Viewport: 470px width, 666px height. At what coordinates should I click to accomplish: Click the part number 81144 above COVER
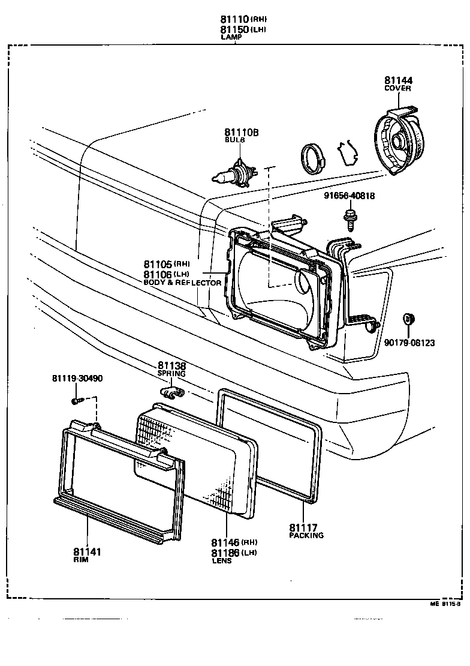pyautogui.click(x=398, y=80)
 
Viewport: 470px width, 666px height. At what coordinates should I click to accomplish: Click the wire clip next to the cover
pyautogui.click(x=347, y=154)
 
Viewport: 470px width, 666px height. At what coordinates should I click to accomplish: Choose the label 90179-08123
pyautogui.click(x=410, y=343)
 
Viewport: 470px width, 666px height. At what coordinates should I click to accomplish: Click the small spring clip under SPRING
pyautogui.click(x=172, y=392)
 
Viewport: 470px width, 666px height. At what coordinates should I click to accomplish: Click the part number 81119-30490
pyautogui.click(x=77, y=378)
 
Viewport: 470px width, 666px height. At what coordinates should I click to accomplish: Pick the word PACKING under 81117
pyautogui.click(x=306, y=535)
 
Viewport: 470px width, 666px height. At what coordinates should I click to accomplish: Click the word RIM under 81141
pyautogui.click(x=81, y=560)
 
